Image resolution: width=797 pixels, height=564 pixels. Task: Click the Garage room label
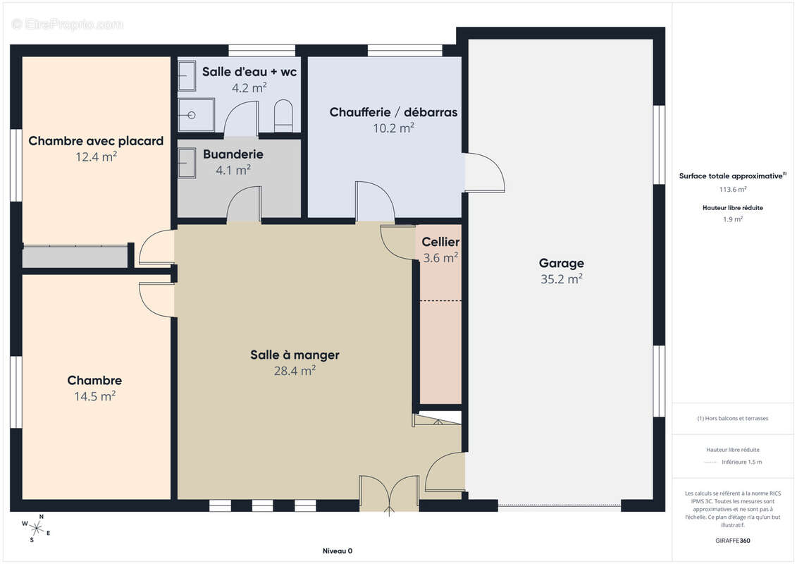[561, 264]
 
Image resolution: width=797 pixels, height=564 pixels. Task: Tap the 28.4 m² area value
[295, 371]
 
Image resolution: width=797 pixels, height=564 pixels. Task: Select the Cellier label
[440, 242]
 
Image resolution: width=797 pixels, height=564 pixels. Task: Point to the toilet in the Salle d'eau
[283, 116]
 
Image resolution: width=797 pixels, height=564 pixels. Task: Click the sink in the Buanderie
[187, 163]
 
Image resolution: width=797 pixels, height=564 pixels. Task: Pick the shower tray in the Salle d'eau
[196, 116]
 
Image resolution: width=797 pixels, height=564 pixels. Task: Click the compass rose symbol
[36, 529]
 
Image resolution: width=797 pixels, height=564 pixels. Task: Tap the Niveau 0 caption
[338, 551]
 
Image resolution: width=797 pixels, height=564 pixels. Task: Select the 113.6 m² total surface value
[732, 189]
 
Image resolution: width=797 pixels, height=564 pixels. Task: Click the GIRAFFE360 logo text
[732, 541]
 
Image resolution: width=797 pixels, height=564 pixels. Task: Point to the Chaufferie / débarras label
[393, 112]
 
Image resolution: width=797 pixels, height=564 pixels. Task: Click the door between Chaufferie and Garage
[484, 173]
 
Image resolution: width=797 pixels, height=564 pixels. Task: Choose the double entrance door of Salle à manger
[390, 493]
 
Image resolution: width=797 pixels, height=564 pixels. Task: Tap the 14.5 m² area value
[94, 396]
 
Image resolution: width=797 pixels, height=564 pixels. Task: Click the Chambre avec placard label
[96, 141]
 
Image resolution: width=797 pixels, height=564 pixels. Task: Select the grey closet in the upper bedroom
[75, 257]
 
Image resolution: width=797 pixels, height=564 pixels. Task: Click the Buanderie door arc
[244, 204]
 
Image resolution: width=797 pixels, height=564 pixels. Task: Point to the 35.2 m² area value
[561, 279]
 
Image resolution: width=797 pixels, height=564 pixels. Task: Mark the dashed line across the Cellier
[440, 300]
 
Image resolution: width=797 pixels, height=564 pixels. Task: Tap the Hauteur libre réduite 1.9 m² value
[732, 220]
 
